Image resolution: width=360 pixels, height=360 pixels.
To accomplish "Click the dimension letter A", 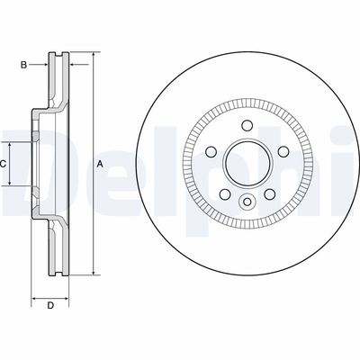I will click(x=100, y=163).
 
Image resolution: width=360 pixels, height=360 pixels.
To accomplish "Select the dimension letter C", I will click(x=3, y=163).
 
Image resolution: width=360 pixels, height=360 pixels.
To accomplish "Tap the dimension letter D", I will click(x=50, y=306).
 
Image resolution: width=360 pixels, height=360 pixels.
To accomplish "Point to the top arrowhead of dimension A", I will click(x=92, y=56).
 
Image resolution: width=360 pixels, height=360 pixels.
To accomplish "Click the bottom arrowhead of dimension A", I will click(x=92, y=271).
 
